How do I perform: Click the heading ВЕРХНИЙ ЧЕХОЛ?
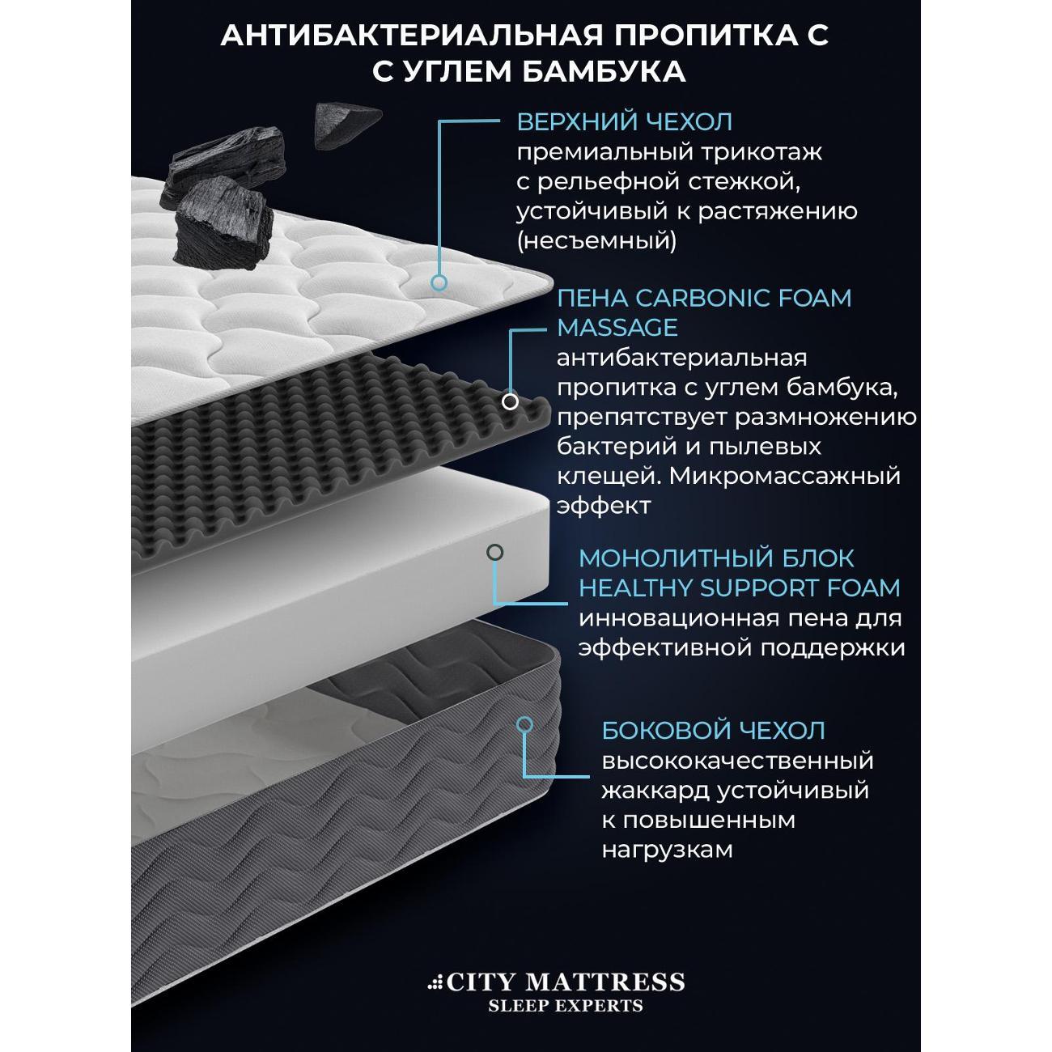[x=624, y=122]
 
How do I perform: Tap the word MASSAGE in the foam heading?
[x=617, y=328]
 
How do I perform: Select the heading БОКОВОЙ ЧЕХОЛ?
[x=713, y=730]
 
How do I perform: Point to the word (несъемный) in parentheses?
[x=596, y=240]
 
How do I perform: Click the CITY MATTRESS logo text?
[x=566, y=982]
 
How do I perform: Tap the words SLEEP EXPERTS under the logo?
[x=566, y=1006]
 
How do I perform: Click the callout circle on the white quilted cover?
[x=439, y=282]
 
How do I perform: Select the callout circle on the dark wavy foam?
[x=510, y=401]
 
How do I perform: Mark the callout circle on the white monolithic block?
[x=494, y=552]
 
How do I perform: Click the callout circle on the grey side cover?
[x=525, y=724]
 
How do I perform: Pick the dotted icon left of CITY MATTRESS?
[x=436, y=983]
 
